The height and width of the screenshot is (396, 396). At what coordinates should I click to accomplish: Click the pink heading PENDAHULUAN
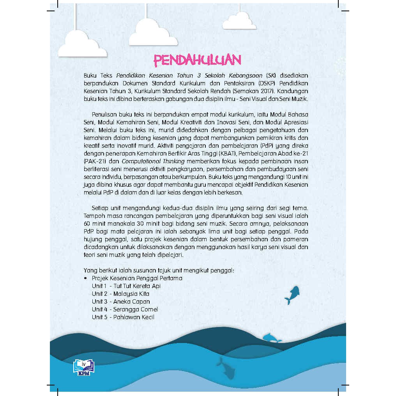tap(197, 60)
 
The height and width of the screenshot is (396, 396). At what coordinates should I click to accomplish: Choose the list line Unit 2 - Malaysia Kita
tap(120, 294)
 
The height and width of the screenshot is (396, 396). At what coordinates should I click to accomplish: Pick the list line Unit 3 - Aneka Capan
tap(121, 302)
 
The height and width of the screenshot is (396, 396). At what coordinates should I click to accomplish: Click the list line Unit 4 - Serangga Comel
tap(125, 309)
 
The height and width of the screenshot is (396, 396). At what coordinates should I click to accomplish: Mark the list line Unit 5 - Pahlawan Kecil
tap(123, 317)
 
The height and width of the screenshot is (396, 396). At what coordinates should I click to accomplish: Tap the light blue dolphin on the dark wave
tap(272, 338)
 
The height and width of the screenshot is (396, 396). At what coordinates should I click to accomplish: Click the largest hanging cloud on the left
tap(82, 45)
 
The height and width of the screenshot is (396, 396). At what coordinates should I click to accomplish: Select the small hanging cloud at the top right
tap(239, 21)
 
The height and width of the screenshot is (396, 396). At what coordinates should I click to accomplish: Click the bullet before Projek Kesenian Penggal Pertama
tap(85, 278)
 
